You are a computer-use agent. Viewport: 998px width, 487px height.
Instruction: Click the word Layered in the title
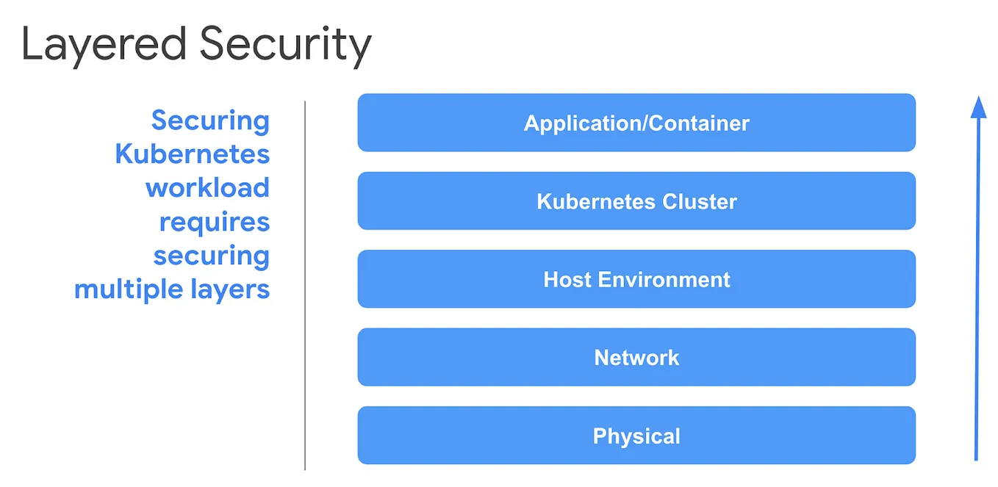click(103, 46)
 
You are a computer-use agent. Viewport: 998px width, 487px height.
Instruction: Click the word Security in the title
click(285, 46)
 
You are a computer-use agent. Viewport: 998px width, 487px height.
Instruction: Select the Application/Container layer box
click(636, 123)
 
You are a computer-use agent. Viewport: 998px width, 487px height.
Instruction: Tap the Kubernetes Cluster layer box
click(636, 201)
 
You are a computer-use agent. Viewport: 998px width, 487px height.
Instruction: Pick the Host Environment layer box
click(636, 279)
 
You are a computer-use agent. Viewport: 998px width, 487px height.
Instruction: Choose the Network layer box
click(636, 358)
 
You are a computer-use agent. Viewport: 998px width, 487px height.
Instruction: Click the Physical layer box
click(636, 436)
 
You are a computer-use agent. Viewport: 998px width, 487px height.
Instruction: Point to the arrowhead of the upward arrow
click(977, 108)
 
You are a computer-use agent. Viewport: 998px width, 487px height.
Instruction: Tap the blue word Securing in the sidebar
click(210, 120)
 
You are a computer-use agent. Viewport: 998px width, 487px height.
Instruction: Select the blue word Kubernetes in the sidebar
click(193, 154)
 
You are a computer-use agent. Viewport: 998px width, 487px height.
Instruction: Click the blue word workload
click(207, 188)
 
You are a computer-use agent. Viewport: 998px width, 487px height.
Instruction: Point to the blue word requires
click(215, 222)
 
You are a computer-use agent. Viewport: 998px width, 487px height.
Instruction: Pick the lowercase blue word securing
click(212, 256)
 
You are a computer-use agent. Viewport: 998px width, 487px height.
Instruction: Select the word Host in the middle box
click(567, 279)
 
